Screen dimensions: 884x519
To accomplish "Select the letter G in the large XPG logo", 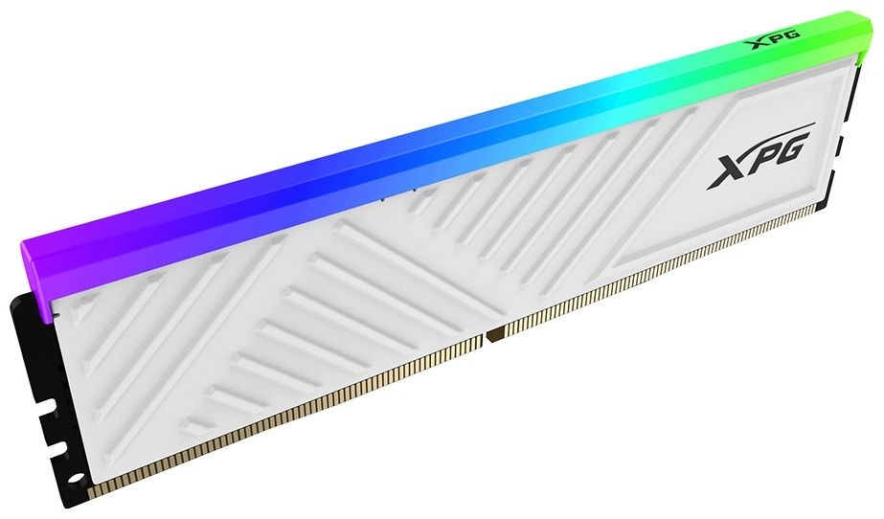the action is click(x=790, y=147).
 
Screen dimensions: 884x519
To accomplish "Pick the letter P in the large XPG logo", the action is click(x=759, y=159).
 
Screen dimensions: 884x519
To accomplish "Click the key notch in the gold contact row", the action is click(x=494, y=335).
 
